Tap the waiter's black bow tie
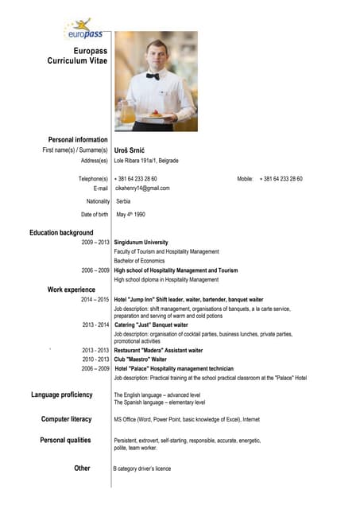click(153, 76)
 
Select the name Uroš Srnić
click(131, 150)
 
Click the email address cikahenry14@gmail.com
click(143, 188)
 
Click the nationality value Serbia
click(123, 201)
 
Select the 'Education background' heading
click(61, 232)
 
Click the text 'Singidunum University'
click(141, 242)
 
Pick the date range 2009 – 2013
click(95, 242)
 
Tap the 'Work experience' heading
click(72, 289)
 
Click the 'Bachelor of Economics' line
click(139, 261)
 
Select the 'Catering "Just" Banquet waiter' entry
click(151, 324)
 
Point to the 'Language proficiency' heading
click(62, 394)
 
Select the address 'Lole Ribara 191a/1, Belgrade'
click(146, 161)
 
